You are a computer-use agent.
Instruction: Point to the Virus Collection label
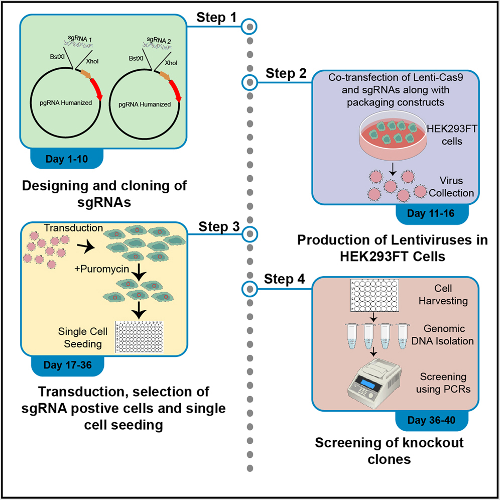(454, 187)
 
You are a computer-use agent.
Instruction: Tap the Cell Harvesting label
(443, 295)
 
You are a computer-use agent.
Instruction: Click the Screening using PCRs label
(443, 382)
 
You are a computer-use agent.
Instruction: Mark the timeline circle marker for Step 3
(249, 234)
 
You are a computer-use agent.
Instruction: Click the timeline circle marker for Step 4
(249, 288)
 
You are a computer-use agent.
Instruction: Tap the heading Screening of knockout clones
(389, 449)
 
